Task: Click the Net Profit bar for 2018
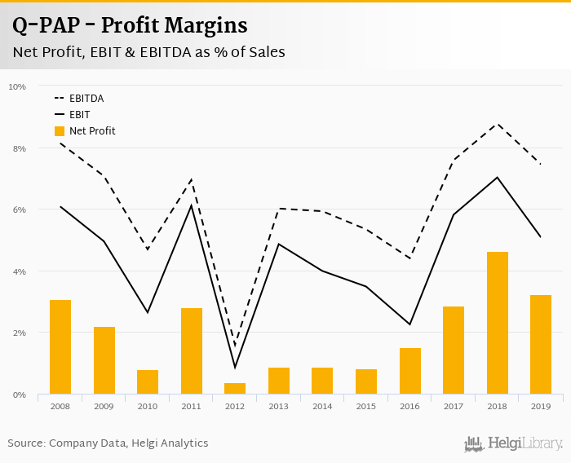pyautogui.click(x=498, y=323)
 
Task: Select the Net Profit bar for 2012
pyautogui.click(x=235, y=388)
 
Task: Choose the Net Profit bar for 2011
pyautogui.click(x=192, y=351)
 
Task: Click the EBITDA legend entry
pyautogui.click(x=86, y=99)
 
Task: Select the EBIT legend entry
pyautogui.click(x=80, y=115)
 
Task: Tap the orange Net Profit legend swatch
pyautogui.click(x=60, y=131)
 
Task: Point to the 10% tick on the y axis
pyautogui.click(x=17, y=86)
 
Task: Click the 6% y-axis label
pyautogui.click(x=19, y=209)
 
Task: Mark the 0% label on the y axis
pyautogui.click(x=19, y=395)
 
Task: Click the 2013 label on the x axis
pyautogui.click(x=279, y=406)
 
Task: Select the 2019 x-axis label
pyautogui.click(x=541, y=406)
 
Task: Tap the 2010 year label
pyautogui.click(x=148, y=406)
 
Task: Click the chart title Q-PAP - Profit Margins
pyautogui.click(x=130, y=25)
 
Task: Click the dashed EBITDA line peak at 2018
pyautogui.click(x=498, y=124)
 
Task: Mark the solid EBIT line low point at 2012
pyautogui.click(x=235, y=367)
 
